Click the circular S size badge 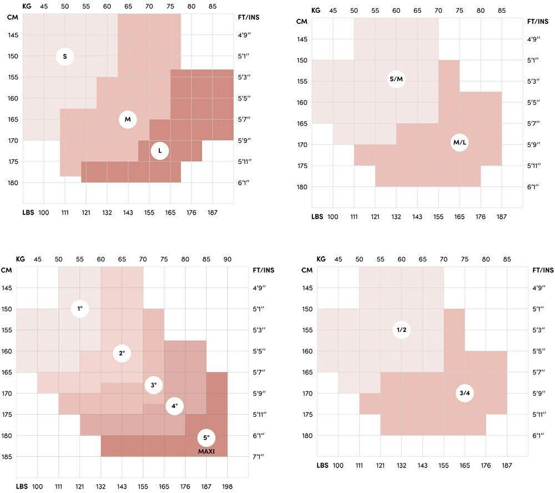pos(65,56)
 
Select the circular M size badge pos(128,119)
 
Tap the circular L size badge pos(160,150)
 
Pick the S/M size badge pos(396,79)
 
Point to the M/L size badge pos(460,143)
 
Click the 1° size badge pos(80,308)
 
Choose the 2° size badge pos(122,353)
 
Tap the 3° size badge pos(154,385)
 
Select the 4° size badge pos(175,406)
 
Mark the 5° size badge pos(206,437)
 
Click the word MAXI pos(206,452)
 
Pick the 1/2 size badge pos(402,330)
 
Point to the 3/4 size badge pos(465,394)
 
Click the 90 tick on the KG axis pos(228,259)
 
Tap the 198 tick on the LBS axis pos(228,487)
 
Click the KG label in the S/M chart pos(316,11)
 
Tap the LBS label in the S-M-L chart pos(28,213)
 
